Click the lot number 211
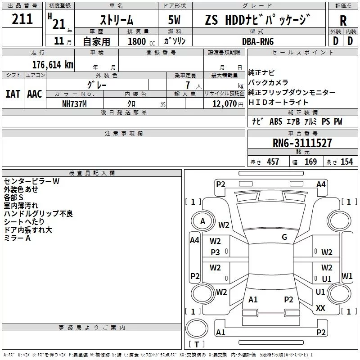pyautogui.click(x=22, y=19)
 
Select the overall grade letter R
pyautogui.click(x=343, y=20)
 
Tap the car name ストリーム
pyautogui.click(x=116, y=20)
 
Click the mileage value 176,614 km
pyautogui.click(x=52, y=64)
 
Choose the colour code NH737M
pyautogui.click(x=74, y=103)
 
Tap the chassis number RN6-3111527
pyautogui.click(x=302, y=144)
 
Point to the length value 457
pyautogui.click(x=272, y=162)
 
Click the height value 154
pyautogui.click(x=346, y=162)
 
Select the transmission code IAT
pyautogui.click(x=13, y=94)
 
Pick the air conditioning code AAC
pyautogui.click(x=35, y=94)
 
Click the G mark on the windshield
pyautogui.click(x=284, y=237)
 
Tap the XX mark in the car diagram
pyautogui.click(x=320, y=308)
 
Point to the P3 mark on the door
pyautogui.click(x=216, y=252)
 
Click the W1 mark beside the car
pyautogui.click(x=347, y=276)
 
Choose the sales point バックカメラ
pyautogui.click(x=268, y=82)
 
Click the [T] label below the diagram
pyautogui.click(x=197, y=345)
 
